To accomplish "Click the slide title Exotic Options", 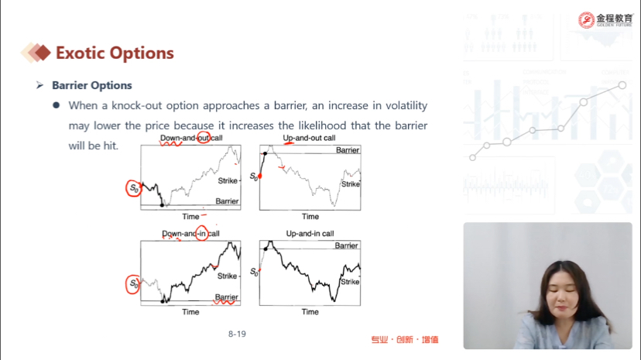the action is tap(115, 53).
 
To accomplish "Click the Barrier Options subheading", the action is tap(92, 85).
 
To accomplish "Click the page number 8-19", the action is tap(237, 334).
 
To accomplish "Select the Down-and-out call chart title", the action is tap(191, 138).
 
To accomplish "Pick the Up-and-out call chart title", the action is tap(309, 138).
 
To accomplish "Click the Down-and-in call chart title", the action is tap(190, 234).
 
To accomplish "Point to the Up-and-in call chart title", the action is tap(310, 234).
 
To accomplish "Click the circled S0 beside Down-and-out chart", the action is tap(134, 188).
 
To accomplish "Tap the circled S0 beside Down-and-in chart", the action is tap(133, 283).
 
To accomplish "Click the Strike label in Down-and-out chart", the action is tap(228, 180).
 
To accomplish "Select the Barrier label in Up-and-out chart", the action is tap(348, 150).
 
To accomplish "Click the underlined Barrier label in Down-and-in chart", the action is tap(227, 297).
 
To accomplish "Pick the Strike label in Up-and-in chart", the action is tap(350, 282).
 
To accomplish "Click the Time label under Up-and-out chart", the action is tap(310, 217).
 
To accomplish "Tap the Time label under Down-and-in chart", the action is tap(190, 312).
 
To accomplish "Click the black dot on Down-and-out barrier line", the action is tap(162, 205).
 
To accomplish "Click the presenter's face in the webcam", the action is tap(565, 291).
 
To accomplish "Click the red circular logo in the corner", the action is tap(586, 20).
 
